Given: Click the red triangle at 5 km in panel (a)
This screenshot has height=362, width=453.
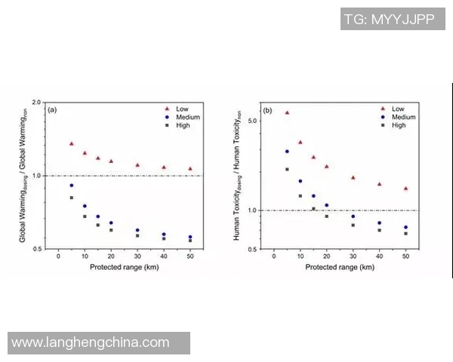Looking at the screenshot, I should click(x=71, y=143).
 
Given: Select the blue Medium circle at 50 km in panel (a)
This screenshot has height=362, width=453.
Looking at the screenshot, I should click(x=190, y=237).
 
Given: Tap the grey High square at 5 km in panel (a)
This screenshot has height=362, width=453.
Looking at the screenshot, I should click(x=72, y=198).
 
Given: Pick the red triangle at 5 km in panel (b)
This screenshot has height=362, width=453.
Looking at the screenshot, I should click(x=287, y=112).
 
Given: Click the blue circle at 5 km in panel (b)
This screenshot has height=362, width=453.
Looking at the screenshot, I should click(x=287, y=152).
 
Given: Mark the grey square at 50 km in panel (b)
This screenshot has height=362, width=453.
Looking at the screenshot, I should click(x=405, y=234).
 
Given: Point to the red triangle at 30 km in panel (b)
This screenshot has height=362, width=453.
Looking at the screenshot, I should click(x=353, y=177).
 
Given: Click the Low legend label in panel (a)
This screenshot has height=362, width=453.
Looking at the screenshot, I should click(x=183, y=108).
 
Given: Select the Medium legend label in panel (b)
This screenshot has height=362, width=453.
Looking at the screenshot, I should click(x=404, y=117).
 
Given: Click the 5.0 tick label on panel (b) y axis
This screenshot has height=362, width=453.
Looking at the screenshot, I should click(x=254, y=121).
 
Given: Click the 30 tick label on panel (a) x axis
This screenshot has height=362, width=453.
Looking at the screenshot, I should click(x=137, y=257).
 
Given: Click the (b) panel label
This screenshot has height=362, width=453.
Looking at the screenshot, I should click(x=267, y=110).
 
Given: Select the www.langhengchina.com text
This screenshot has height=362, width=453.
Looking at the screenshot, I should click(x=91, y=343).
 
